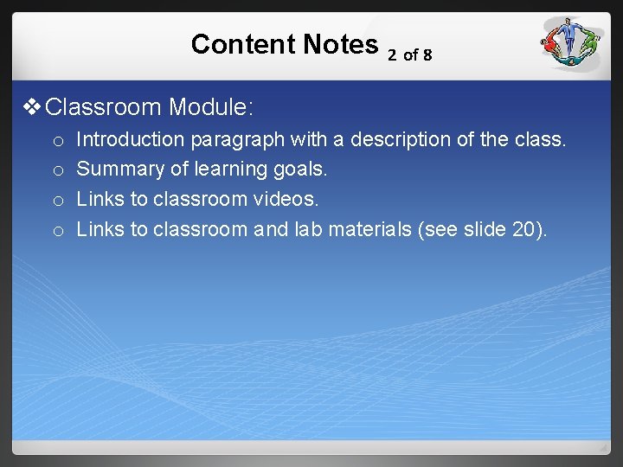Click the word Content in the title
point(241,44)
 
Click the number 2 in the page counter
point(392,55)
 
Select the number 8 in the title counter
point(427,55)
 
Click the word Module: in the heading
point(211,107)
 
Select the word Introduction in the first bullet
point(130,139)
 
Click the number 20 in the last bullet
point(524,229)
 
